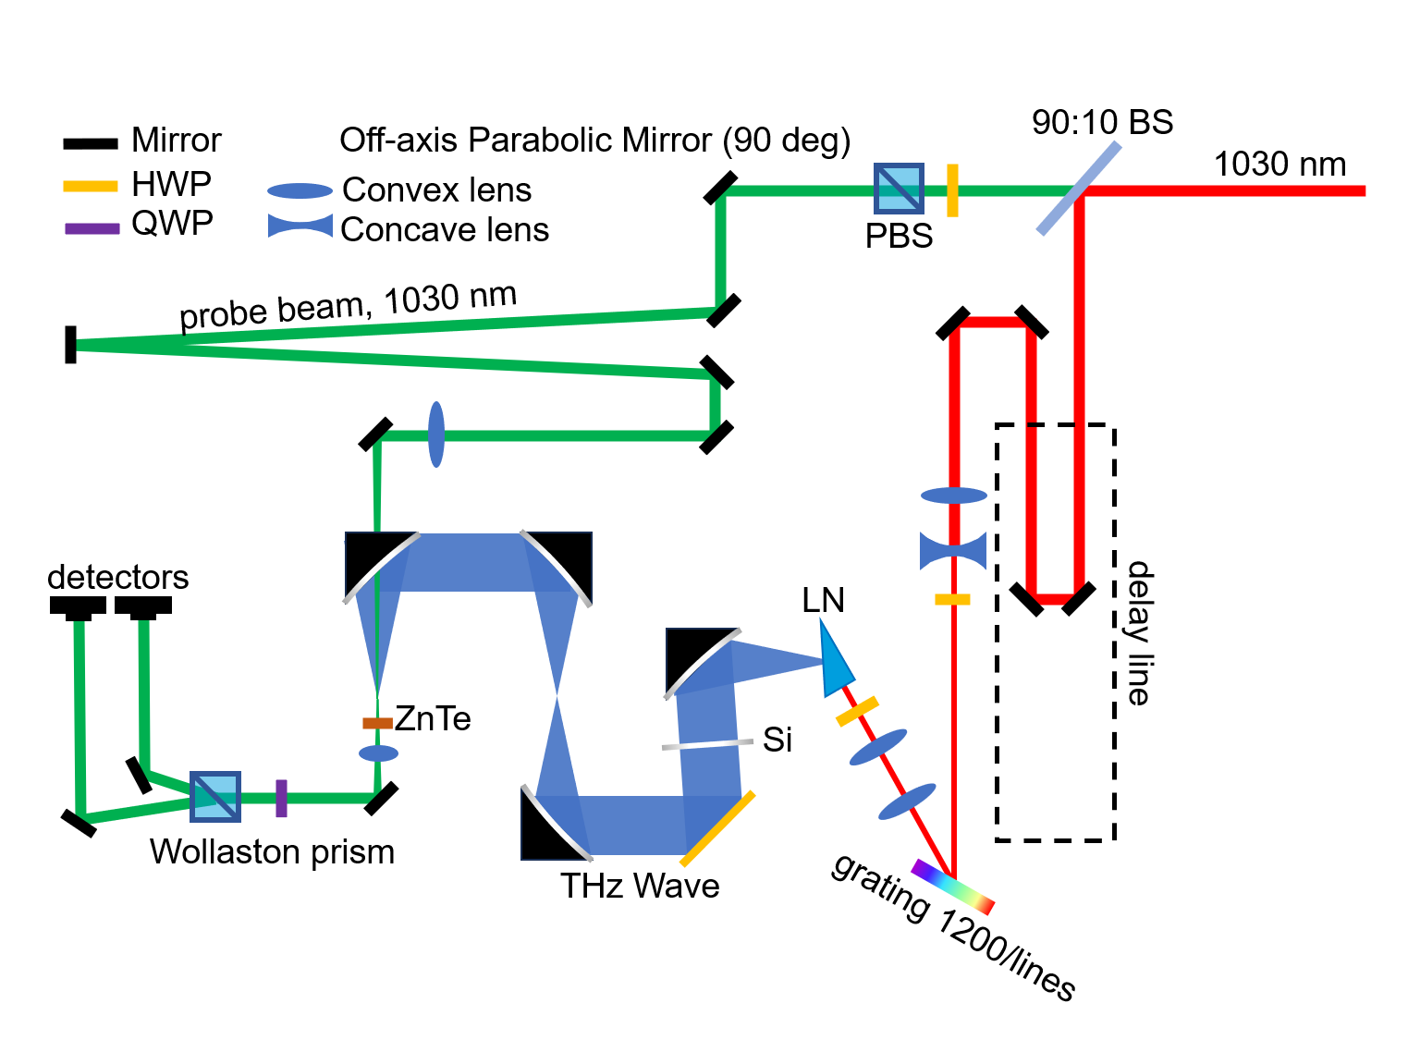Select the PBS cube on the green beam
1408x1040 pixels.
pos(899,189)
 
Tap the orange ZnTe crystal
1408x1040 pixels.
pos(377,723)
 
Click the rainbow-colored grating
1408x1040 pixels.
pos(952,887)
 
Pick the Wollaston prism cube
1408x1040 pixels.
pos(215,797)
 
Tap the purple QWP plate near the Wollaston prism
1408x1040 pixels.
pos(281,798)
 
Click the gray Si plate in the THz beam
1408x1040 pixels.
pos(707,744)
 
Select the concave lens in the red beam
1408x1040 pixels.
pos(953,551)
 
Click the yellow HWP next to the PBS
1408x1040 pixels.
pos(952,190)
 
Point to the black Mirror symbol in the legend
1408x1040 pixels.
pos(90,143)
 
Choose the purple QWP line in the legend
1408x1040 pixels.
pos(92,228)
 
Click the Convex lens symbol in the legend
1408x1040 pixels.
pos(300,191)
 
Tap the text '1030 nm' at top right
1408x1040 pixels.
pos(1279,165)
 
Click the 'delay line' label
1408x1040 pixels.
pos(1139,633)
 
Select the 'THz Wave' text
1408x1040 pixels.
pos(640,886)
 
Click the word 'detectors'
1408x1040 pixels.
pos(118,577)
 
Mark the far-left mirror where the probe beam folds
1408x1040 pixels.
pos(70,345)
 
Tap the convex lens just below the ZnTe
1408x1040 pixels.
pos(378,753)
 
